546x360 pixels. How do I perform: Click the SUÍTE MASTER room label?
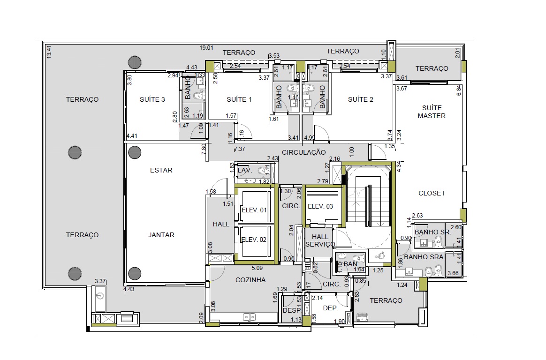tap(432, 112)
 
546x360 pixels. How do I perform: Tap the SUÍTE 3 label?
tap(152, 99)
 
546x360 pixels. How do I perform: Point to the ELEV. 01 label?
tap(254, 210)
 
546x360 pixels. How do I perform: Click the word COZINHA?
tap(250, 280)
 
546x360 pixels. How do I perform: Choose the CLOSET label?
tap(432, 193)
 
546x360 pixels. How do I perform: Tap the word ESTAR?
tap(161, 170)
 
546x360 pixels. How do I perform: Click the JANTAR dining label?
tap(161, 235)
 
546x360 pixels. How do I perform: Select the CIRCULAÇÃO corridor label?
tap(303, 152)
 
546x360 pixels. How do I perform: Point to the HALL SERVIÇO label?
tap(320, 240)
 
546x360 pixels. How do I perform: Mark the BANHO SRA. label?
tap(424, 257)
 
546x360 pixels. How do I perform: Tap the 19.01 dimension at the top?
tap(206, 48)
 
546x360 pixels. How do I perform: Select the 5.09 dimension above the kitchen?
tap(257, 268)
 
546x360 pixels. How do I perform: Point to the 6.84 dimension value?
tap(459, 91)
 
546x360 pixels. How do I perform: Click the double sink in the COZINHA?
tap(250, 317)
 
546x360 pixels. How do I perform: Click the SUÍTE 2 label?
tap(360, 99)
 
